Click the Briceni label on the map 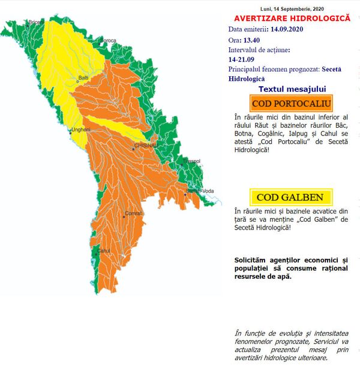pyautogui.click(x=35, y=22)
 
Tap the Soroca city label pyautogui.click(x=108, y=40)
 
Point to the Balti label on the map pyautogui.click(x=85, y=78)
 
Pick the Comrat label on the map pyautogui.click(x=133, y=213)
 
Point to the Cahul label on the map pyautogui.click(x=104, y=251)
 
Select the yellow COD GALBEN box pyautogui.click(x=290, y=197)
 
